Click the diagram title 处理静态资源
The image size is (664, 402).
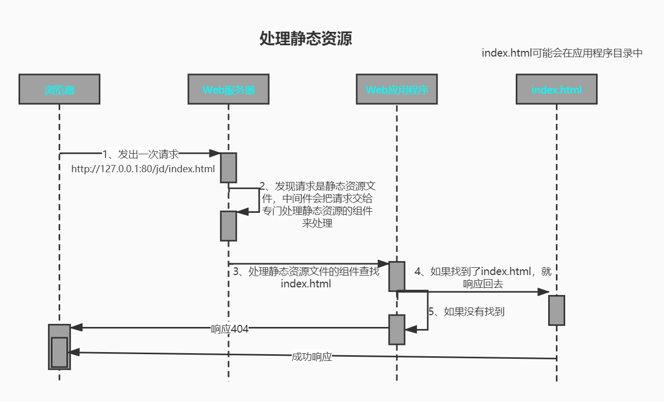click(x=306, y=39)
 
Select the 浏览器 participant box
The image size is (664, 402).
click(x=59, y=89)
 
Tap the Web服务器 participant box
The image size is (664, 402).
click(x=229, y=89)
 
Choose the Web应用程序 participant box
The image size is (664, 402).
click(x=397, y=89)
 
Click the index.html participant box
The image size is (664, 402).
click(x=556, y=89)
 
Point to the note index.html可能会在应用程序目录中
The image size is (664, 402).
click(x=562, y=53)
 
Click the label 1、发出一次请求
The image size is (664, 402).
click(x=141, y=154)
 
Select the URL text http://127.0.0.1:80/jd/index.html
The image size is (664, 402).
click(x=143, y=169)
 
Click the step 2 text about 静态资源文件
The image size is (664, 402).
click(x=317, y=205)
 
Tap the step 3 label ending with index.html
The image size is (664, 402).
click(x=306, y=278)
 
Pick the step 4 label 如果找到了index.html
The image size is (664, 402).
click(x=483, y=277)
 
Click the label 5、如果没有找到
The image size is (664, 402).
click(x=466, y=312)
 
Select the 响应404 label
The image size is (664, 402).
click(x=230, y=329)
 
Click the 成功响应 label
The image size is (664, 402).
click(x=311, y=357)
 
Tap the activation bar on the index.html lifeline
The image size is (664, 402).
click(x=556, y=310)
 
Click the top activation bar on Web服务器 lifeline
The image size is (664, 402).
click(x=229, y=168)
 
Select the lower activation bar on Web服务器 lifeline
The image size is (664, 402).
click(x=229, y=226)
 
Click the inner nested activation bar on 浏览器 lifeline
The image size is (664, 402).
click(x=59, y=352)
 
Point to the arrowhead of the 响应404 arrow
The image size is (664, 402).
click(x=76, y=327)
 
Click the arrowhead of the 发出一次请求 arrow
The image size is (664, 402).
click(x=215, y=153)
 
